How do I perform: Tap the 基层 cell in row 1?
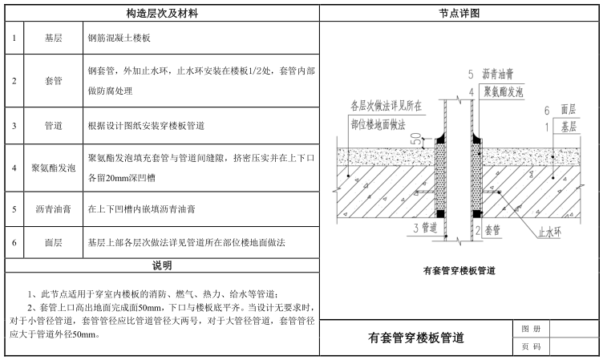click(54, 38)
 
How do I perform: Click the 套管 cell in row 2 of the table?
click(54, 81)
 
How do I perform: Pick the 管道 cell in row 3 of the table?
click(54, 125)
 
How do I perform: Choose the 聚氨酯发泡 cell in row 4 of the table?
click(54, 168)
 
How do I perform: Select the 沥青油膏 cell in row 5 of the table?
click(54, 209)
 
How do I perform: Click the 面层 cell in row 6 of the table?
click(54, 241)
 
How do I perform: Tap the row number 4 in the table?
click(14, 168)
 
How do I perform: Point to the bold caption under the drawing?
click(459, 271)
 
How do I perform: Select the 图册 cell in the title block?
click(525, 330)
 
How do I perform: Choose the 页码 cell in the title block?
click(525, 347)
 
